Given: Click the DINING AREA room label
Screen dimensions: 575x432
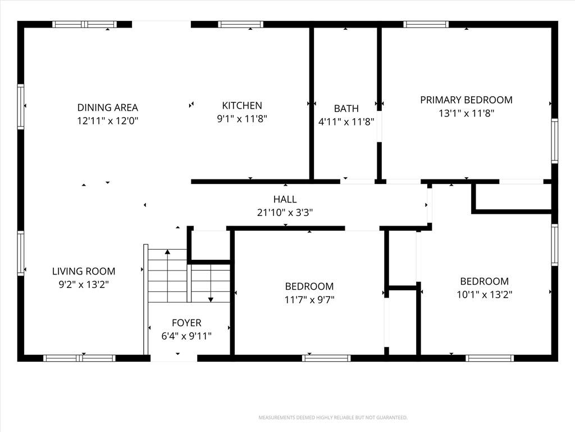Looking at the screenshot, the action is (107, 107).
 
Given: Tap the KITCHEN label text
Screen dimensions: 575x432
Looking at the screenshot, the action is (242, 106).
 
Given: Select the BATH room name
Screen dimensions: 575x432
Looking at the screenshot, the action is (346, 109).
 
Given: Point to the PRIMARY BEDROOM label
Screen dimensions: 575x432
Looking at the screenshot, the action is (466, 100).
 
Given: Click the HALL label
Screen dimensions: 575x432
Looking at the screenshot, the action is (285, 200).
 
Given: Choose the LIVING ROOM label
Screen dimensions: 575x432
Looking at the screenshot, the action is (84, 272).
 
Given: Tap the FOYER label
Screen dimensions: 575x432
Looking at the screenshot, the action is (186, 323).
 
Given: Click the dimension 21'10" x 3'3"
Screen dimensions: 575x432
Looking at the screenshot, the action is (285, 213).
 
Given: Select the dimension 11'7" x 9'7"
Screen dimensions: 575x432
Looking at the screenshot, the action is (309, 300).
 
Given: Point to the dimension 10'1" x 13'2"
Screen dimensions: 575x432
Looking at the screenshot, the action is (485, 295).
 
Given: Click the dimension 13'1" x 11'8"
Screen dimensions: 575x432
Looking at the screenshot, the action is (467, 113).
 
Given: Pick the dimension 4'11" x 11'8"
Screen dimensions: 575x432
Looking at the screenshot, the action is (346, 122).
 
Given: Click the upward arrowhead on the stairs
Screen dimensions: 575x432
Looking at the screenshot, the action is (167, 252).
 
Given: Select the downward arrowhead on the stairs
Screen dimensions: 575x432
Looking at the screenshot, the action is (211, 300).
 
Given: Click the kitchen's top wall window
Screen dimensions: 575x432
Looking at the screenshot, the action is (240, 25).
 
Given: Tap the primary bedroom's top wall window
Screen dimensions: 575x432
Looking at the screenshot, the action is (426, 25).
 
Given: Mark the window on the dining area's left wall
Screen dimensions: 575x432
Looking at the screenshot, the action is (21, 106).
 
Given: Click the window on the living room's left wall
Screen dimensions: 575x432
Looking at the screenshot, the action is (21, 253).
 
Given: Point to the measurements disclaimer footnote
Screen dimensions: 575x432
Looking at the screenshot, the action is (333, 418).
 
